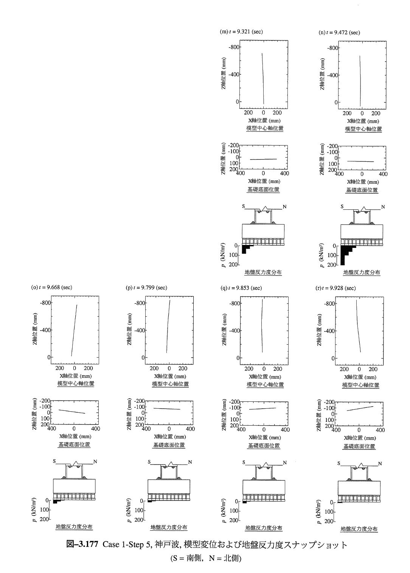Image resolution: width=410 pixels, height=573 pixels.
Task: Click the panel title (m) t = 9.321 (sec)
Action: [x=241, y=32]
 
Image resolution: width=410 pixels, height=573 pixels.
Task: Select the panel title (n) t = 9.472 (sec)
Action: [x=339, y=33]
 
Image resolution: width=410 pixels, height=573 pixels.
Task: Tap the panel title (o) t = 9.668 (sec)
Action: [x=52, y=287]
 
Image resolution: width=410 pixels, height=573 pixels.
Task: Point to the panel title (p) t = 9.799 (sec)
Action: [x=146, y=288]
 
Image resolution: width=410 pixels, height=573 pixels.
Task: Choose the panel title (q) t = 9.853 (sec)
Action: [x=241, y=288]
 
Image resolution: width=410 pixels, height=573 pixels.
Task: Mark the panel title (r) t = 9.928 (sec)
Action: [x=335, y=288]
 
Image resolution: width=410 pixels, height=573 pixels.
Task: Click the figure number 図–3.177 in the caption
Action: [x=82, y=544]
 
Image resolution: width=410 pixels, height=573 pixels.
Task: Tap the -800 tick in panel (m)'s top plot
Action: [x=234, y=47]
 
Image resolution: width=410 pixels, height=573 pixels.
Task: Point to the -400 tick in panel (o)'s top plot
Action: [x=45, y=330]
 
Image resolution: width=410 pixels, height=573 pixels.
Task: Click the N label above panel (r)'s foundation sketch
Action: [x=380, y=463]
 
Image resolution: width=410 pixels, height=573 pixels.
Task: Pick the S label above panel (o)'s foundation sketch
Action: [x=54, y=461]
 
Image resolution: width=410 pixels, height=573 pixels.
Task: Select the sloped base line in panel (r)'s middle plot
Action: [x=360, y=409]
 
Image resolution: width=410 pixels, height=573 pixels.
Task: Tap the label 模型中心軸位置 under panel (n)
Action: [x=363, y=129]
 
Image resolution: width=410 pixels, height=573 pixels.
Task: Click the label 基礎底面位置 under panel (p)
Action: [x=169, y=445]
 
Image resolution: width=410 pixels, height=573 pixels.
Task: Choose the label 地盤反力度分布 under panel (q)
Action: [x=264, y=528]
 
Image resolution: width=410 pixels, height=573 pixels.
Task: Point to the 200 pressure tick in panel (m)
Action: [x=233, y=265]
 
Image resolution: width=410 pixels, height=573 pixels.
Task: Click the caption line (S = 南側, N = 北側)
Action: [x=206, y=558]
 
